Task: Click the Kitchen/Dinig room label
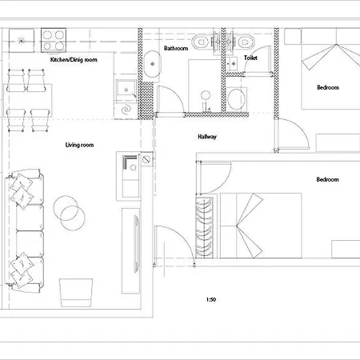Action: pos(74,60)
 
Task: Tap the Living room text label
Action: pos(79,145)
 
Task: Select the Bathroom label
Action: pos(176,48)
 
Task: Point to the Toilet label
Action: pos(250,58)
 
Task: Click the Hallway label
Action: pos(207,137)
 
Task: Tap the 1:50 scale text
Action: pos(211,299)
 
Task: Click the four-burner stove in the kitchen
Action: pos(54,40)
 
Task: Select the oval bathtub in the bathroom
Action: pos(153,64)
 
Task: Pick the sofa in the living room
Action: pos(25,230)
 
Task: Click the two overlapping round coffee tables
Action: pos(69,213)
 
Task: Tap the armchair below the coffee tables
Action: pos(76,293)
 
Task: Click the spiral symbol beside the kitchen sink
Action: pos(126,110)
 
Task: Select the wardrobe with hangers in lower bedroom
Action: pos(205,227)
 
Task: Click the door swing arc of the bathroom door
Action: pos(177,94)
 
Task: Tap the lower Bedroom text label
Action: pos(327,179)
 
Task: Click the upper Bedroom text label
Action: pos(328,87)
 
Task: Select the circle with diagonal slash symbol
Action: pos(146,159)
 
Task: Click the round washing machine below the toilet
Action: pos(236,98)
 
